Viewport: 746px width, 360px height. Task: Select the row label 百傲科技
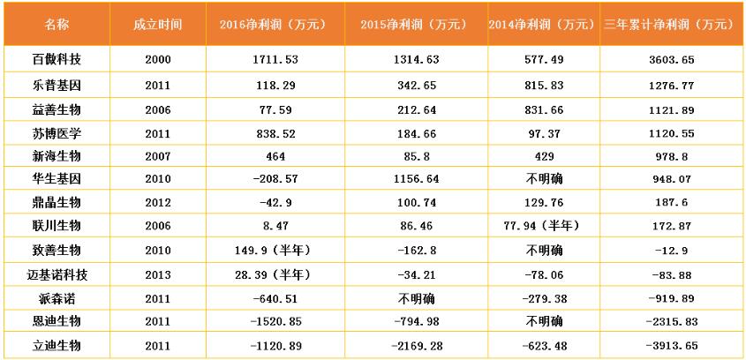56,60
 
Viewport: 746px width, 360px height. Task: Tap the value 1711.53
272,60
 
